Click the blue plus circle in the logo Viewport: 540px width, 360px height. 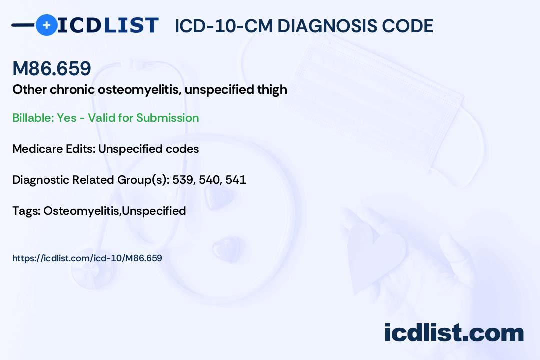tap(46, 25)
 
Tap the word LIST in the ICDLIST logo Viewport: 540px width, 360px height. tap(131, 25)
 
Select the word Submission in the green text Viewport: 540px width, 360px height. tap(167, 118)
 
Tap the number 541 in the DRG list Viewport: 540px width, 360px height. tap(236, 180)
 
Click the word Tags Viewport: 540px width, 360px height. tap(26, 211)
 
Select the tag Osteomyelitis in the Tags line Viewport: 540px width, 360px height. tap(81, 211)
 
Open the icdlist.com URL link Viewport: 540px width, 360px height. tap(87, 258)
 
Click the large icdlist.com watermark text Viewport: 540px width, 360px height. tap(454, 332)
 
